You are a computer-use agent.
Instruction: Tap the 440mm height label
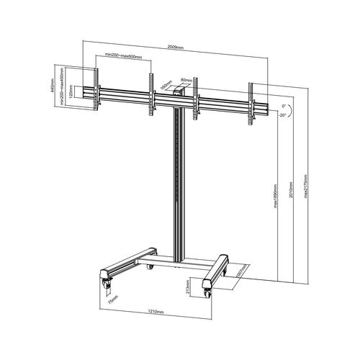(54, 87)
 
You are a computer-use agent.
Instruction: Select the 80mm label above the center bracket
(185, 80)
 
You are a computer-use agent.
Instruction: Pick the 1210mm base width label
(156, 312)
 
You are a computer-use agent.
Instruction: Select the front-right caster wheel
(208, 293)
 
